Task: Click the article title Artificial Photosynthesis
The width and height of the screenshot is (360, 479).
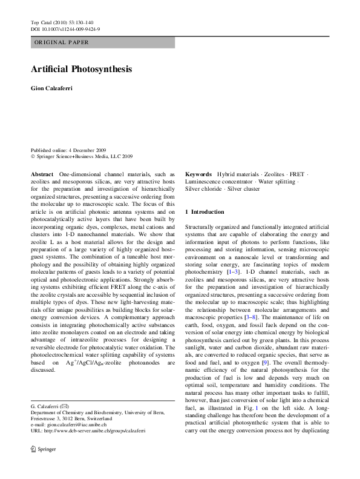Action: (x=81, y=69)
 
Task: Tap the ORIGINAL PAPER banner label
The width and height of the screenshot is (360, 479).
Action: (x=62, y=42)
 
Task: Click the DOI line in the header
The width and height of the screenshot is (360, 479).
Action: (x=65, y=28)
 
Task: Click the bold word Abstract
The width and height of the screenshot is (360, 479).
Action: (x=42, y=174)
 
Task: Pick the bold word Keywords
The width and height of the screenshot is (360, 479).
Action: (x=198, y=174)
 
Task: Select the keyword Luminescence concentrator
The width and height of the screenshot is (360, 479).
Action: (x=218, y=181)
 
